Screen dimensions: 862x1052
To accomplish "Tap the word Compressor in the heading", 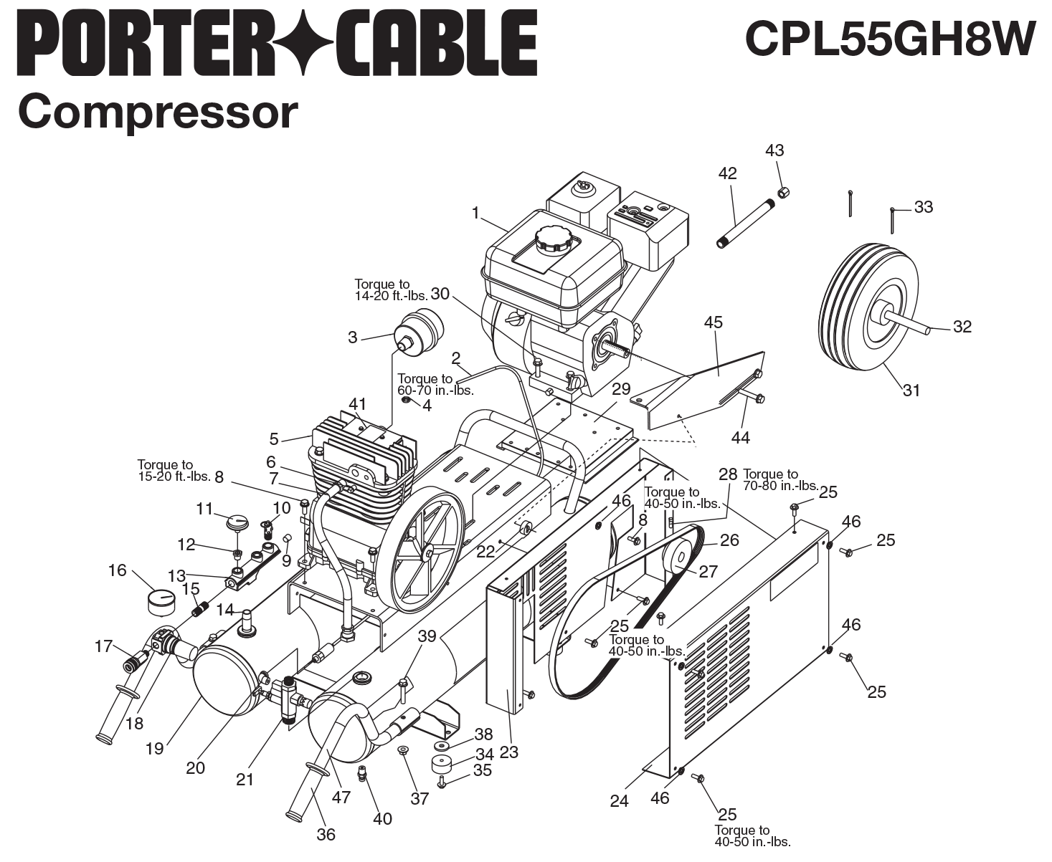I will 157,112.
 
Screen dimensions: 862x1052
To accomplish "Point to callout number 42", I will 727,173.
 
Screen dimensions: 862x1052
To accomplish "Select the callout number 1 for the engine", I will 475,213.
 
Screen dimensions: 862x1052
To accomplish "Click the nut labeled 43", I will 784,191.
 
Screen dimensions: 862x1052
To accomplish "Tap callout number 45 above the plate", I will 714,322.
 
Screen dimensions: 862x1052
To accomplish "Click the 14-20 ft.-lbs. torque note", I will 391,290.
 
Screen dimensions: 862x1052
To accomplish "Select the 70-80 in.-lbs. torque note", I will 780,480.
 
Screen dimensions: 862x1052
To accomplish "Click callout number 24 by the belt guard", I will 619,800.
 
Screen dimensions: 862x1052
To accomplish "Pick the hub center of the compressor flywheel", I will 427,551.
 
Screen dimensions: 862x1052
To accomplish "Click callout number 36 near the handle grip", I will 326,834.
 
